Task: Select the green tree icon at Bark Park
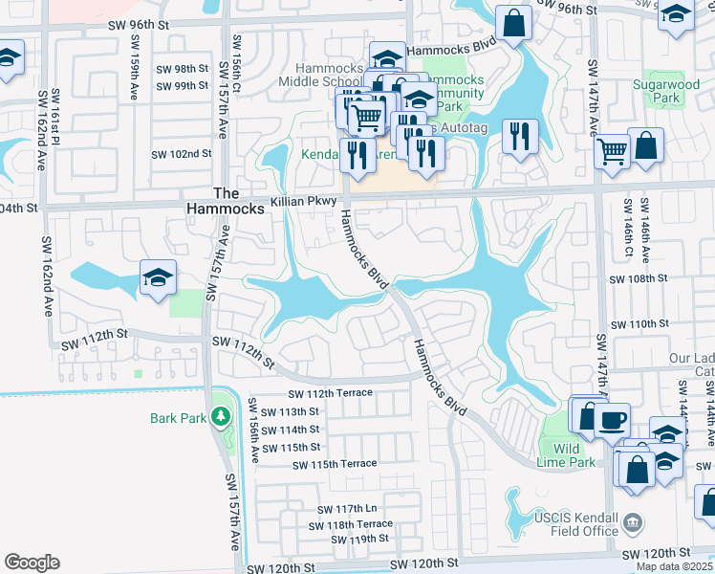pyautogui.click(x=221, y=416)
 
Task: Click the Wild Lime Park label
pyautogui.click(x=567, y=455)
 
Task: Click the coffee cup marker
pyautogui.click(x=612, y=420)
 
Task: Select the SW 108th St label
pyautogui.click(x=639, y=278)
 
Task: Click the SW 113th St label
pyautogui.click(x=291, y=411)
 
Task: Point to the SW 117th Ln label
pyautogui.click(x=344, y=508)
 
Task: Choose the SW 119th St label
pyautogui.click(x=359, y=540)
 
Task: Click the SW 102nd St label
pyautogui.click(x=182, y=154)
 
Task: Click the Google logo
pyautogui.click(x=32, y=562)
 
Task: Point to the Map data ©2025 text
pyautogui.click(x=673, y=566)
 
